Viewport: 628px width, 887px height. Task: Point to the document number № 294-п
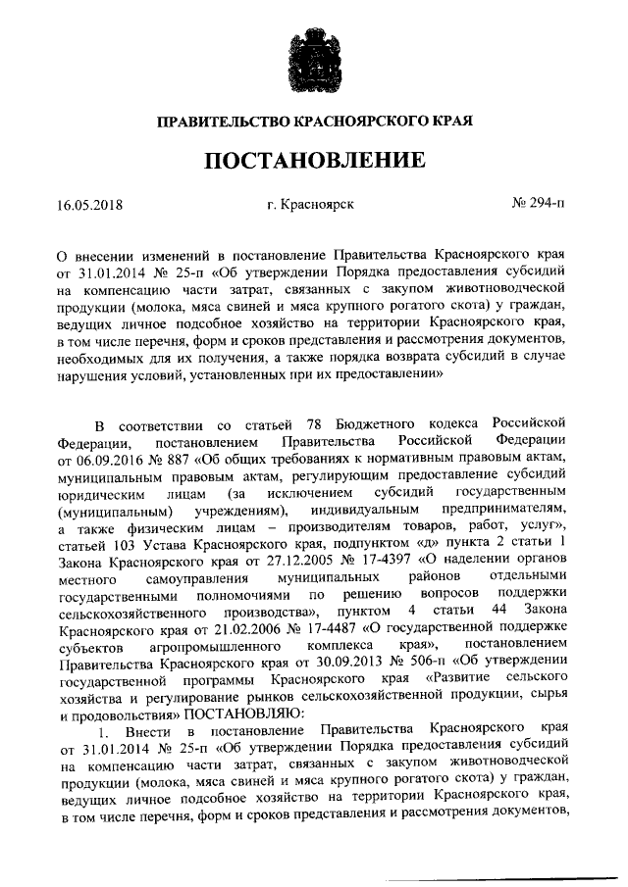pos(539,205)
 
